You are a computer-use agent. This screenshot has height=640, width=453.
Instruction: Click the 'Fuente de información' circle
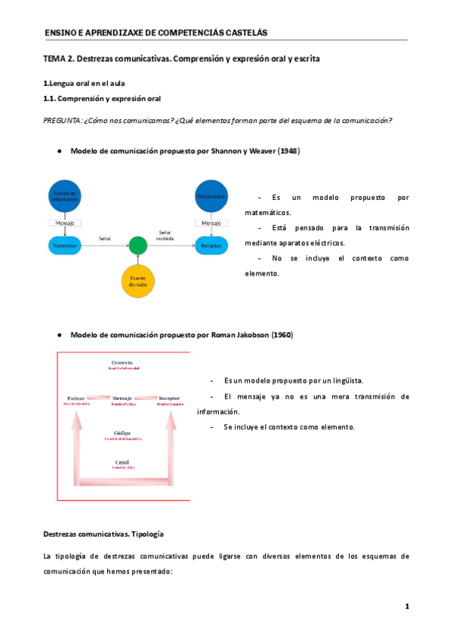point(66,196)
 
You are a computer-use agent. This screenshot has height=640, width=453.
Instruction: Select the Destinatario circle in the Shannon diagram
point(212,196)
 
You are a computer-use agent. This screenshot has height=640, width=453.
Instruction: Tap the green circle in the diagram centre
point(137,245)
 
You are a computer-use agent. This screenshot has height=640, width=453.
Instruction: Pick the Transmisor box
point(66,245)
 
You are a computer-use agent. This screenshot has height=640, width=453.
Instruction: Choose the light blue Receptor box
point(212,245)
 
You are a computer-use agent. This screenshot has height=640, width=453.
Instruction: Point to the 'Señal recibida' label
point(165,235)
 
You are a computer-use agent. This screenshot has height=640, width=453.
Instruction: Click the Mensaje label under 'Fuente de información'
point(66,223)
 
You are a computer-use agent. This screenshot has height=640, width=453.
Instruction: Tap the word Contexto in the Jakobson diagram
point(122,363)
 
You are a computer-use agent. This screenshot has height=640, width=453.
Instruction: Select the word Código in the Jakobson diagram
point(122,434)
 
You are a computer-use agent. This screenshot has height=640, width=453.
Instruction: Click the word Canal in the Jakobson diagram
point(122,463)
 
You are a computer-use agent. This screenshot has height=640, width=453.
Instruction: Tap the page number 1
point(406,606)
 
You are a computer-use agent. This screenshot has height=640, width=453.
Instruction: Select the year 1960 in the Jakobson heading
point(282,334)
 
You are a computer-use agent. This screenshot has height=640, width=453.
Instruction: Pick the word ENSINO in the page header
point(58,32)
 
